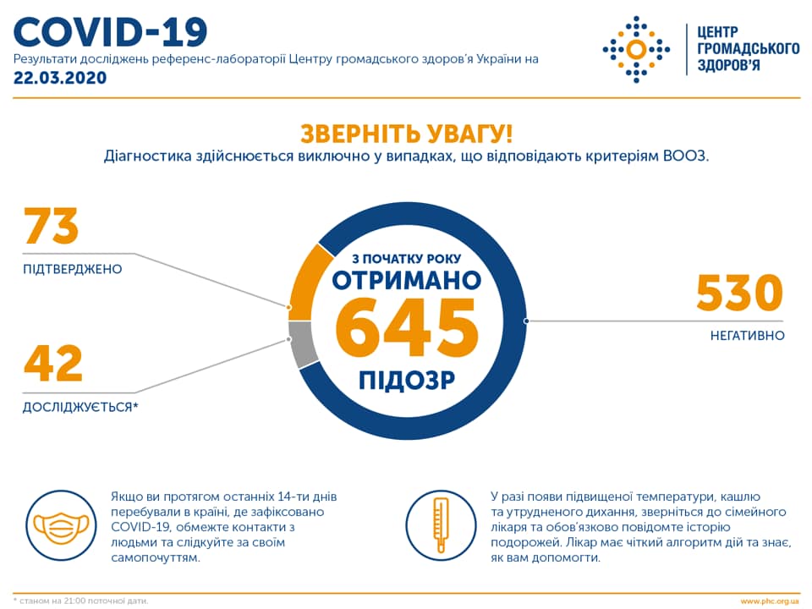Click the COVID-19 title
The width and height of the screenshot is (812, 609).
point(111,31)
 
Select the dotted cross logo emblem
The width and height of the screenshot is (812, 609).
point(636,48)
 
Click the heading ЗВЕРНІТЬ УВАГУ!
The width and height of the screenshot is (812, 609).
point(406,134)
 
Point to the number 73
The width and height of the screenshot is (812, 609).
point(52,227)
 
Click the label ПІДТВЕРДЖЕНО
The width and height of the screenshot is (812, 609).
point(73,269)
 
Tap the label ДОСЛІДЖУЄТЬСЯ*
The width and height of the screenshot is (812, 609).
point(80,408)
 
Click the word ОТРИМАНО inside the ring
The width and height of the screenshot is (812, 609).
point(406,280)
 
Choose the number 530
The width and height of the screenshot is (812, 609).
point(739,293)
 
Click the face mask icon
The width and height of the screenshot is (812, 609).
point(61,524)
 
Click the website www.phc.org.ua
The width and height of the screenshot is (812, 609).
point(769,601)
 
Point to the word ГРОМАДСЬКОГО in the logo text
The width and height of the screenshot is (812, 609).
point(747,48)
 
